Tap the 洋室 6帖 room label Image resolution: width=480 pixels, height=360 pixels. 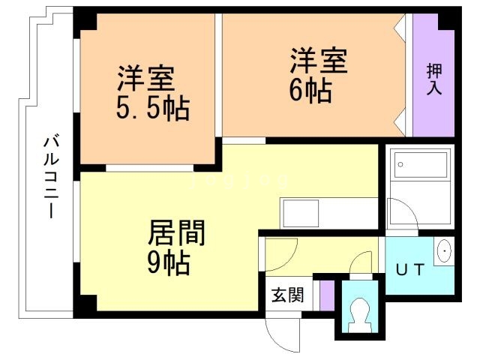click(x=319, y=74)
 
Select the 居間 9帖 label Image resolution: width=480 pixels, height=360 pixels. click(x=177, y=247)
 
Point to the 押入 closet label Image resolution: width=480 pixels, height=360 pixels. click(x=434, y=79)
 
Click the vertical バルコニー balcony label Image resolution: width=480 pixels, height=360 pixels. click(x=50, y=177)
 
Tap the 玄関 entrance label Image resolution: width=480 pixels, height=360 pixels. click(x=287, y=295)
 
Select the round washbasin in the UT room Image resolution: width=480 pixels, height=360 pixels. click(x=443, y=252)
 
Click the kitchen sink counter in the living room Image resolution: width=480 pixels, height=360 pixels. click(x=327, y=211)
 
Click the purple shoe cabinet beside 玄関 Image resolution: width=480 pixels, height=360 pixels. click(x=325, y=294)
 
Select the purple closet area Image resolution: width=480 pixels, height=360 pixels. click(x=433, y=75)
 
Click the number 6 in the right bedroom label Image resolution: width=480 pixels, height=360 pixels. click(x=298, y=91)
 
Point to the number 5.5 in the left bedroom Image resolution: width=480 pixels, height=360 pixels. click(x=139, y=110)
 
